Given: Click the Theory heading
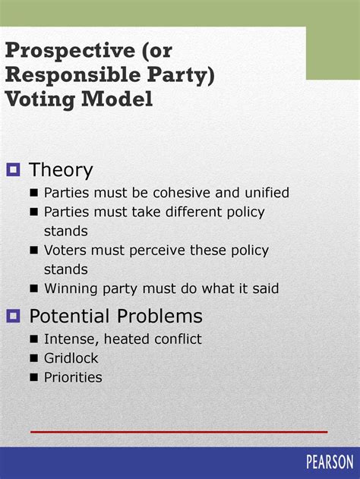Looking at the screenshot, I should tap(61, 170).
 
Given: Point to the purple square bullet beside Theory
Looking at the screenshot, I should tap(13, 170).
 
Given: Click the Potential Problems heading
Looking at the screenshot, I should tap(115, 316).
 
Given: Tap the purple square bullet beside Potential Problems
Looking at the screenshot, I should tap(13, 316).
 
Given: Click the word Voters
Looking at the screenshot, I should tap(65, 250).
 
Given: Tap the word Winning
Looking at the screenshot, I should tap(71, 288).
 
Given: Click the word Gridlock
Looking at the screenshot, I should tap(71, 358).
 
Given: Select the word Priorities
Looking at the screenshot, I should tap(73, 377).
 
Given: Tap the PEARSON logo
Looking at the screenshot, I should tap(330, 462).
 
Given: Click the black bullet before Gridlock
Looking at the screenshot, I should tap(34, 358).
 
